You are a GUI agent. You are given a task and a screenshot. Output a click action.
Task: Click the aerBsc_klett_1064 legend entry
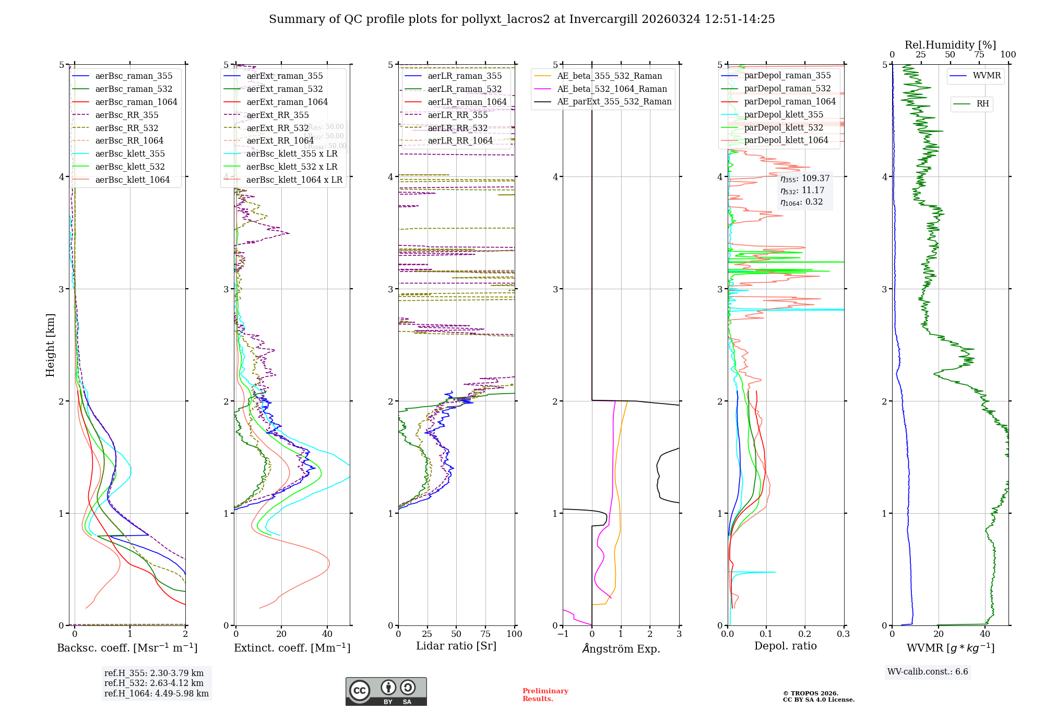point(132,180)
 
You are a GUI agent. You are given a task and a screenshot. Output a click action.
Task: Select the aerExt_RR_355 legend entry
point(277,115)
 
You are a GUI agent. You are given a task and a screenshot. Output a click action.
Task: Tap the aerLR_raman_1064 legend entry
point(467,102)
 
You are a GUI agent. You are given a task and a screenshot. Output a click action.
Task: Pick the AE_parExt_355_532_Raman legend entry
point(614,101)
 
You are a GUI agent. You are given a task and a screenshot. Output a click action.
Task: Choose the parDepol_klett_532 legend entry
point(783,127)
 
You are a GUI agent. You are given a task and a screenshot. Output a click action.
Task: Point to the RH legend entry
point(982,104)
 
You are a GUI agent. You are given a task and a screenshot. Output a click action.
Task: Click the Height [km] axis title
point(50,345)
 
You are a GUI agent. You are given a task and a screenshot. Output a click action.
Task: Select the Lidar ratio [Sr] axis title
point(456,646)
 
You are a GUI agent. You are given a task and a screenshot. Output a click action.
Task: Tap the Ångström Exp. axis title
point(621,648)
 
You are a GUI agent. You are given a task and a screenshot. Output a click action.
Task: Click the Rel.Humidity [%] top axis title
point(950,45)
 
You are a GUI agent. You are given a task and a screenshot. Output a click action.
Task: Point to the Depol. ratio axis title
point(785,646)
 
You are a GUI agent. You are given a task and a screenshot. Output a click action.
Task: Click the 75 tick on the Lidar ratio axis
point(485,634)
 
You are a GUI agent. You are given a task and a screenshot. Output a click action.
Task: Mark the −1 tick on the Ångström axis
point(563,634)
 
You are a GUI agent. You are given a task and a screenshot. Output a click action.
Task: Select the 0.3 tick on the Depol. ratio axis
point(843,634)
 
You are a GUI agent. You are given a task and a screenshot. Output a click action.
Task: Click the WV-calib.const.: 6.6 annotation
point(928,671)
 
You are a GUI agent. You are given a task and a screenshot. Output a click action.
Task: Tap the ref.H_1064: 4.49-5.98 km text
point(156,693)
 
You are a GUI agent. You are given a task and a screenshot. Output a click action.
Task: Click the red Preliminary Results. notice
point(545,694)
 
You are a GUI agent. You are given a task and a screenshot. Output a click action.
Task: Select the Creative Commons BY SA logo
point(386,691)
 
